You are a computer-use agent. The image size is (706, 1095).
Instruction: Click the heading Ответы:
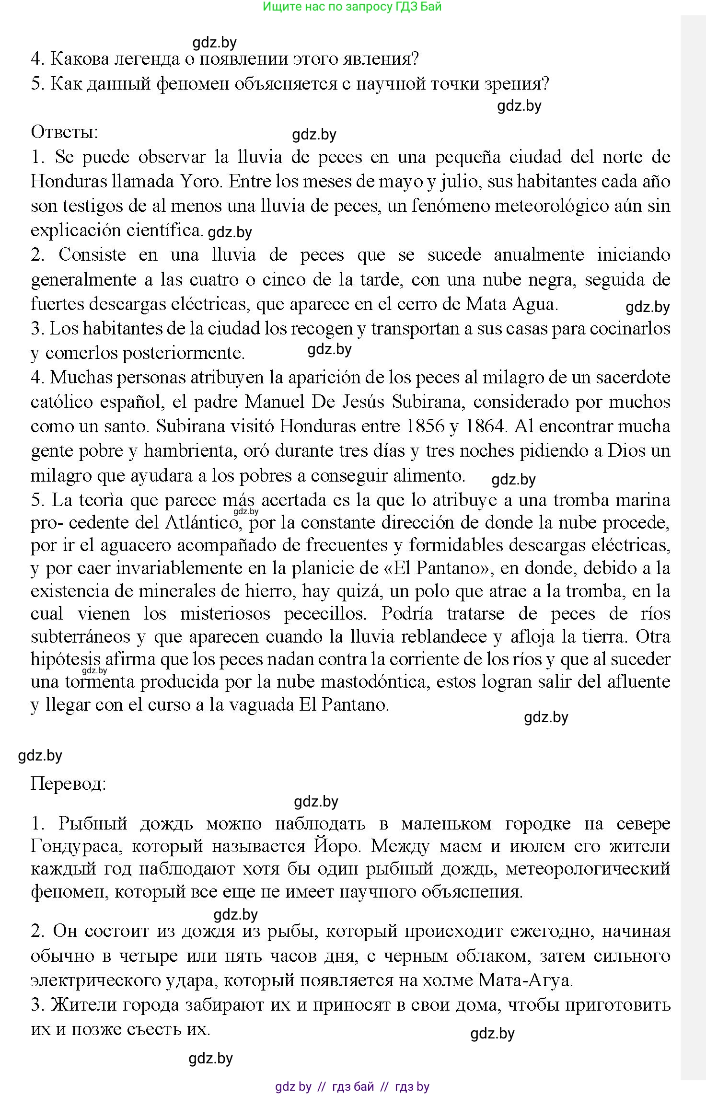tap(64, 132)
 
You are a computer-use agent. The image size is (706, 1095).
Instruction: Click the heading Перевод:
tap(68, 783)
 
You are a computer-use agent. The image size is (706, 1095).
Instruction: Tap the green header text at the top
tap(352, 7)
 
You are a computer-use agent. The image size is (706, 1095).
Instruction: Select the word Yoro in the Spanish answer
tap(200, 181)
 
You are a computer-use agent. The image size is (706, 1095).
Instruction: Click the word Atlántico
tap(202, 522)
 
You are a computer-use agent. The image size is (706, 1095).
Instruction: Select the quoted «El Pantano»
tap(436, 568)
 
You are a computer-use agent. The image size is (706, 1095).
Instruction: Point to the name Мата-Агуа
tap(525, 980)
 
